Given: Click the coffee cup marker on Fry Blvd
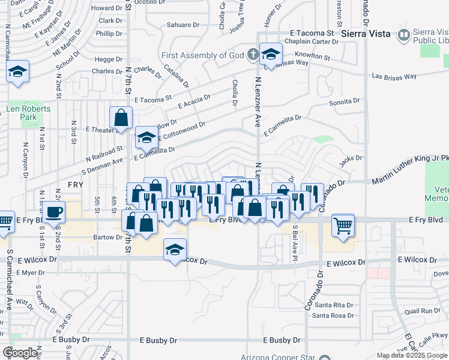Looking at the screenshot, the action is pyautogui.click(x=54, y=212).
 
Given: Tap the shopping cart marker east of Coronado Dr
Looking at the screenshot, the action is pyautogui.click(x=343, y=226).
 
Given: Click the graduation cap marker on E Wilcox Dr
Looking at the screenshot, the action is pyautogui.click(x=175, y=250).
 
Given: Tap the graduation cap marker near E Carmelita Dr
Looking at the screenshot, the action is pyautogui.click(x=146, y=138).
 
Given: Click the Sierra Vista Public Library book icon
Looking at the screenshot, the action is pyautogui.click(x=404, y=37).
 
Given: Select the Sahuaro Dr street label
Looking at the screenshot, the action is pyautogui.click(x=182, y=25).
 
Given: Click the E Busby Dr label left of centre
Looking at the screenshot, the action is pyautogui.click(x=71, y=340).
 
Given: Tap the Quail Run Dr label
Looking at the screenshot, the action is pyautogui.click(x=423, y=311).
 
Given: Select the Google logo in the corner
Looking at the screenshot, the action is pyautogui.click(x=20, y=353).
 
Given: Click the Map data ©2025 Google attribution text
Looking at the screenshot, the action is pyautogui.click(x=411, y=355).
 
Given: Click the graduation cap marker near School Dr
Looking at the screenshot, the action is pyautogui.click(x=18, y=73).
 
